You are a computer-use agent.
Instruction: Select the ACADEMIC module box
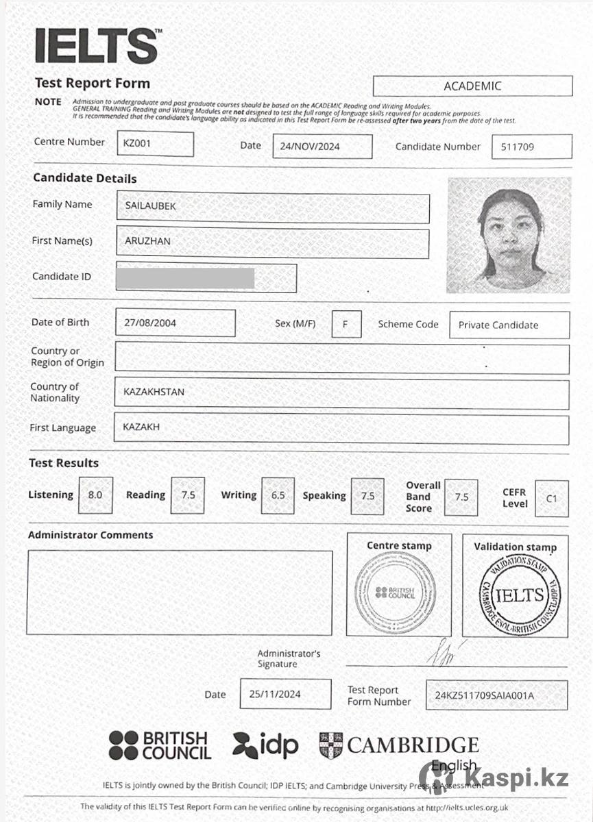[x=472, y=86]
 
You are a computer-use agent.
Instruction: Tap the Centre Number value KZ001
[x=137, y=145]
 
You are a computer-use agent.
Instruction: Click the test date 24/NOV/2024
[x=311, y=147]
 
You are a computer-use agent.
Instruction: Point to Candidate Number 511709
[x=518, y=147]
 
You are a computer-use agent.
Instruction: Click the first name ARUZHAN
[x=147, y=241]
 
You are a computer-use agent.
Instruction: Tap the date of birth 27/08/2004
[x=150, y=323]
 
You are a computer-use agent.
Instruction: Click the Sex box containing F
[x=346, y=324]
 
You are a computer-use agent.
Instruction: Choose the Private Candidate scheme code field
[x=498, y=325]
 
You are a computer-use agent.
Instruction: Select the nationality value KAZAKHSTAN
[x=154, y=393]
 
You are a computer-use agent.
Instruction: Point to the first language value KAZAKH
[x=141, y=427]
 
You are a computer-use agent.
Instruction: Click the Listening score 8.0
[x=95, y=495]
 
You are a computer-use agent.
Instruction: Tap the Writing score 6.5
[x=278, y=495]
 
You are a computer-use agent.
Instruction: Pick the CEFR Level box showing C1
[x=552, y=499]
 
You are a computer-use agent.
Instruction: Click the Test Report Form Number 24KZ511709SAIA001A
[x=485, y=696]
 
